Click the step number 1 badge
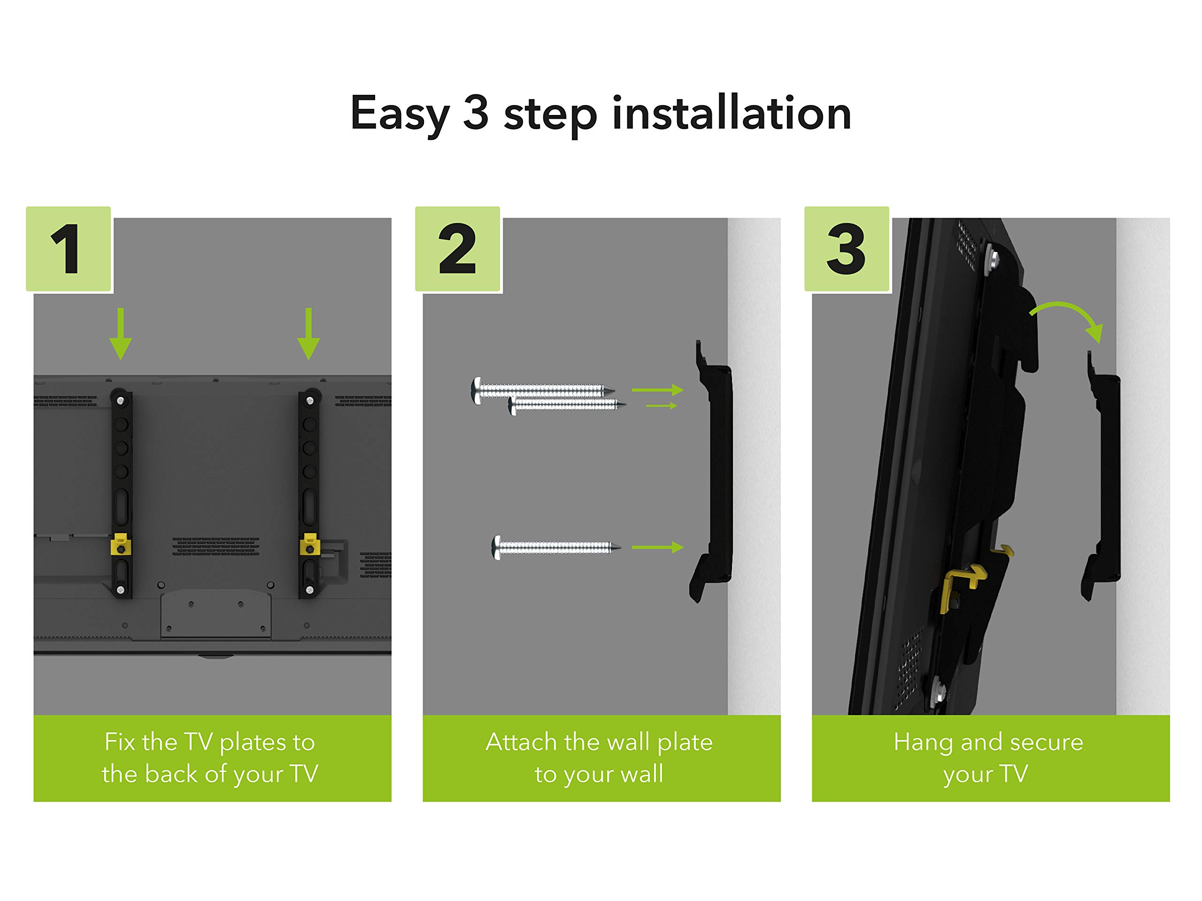(69, 249)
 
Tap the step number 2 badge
(457, 249)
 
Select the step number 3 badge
(847, 249)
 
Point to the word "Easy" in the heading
(400, 114)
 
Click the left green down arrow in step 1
(121, 334)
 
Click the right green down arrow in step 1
(308, 334)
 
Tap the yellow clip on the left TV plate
(120, 545)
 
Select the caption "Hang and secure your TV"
(988, 757)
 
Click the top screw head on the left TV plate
(121, 401)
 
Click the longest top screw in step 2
(543, 389)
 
